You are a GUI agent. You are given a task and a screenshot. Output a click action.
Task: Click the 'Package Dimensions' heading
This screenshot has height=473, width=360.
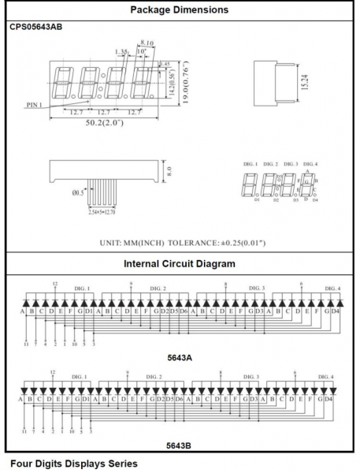[x=179, y=9]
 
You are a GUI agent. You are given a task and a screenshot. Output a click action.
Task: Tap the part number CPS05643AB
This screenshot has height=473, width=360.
[x=36, y=27]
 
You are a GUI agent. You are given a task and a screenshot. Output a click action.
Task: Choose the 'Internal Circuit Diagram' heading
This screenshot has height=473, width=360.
[x=179, y=263]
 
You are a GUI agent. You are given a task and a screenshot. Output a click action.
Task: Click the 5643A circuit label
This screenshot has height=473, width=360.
[x=179, y=357]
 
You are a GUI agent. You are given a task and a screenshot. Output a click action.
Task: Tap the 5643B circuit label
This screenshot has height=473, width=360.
[x=179, y=445]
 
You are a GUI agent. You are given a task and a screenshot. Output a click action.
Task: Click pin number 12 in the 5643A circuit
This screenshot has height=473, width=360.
[x=54, y=283]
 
